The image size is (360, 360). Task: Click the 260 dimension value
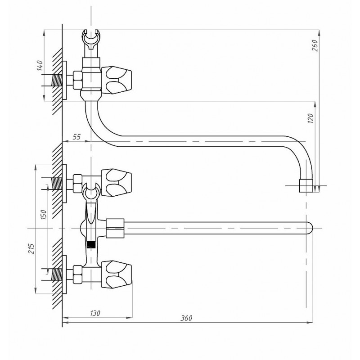315,45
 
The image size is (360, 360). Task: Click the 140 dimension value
40,65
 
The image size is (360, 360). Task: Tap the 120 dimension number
310,118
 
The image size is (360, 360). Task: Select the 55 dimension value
76,137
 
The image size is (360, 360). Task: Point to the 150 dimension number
44,214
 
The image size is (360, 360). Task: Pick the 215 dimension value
31,248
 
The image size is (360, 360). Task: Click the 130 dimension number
95,313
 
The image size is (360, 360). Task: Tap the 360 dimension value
186,318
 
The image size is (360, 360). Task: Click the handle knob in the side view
117,80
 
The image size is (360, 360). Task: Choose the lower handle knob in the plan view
117,274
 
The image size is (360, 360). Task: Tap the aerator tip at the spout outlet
306,186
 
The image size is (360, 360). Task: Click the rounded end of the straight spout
310,228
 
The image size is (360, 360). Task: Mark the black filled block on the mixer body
91,244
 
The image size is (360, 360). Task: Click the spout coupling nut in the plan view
115,228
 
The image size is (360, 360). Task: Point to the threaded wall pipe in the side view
58,81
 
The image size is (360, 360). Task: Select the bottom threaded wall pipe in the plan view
58,274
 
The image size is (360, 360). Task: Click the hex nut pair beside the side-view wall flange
77,80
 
